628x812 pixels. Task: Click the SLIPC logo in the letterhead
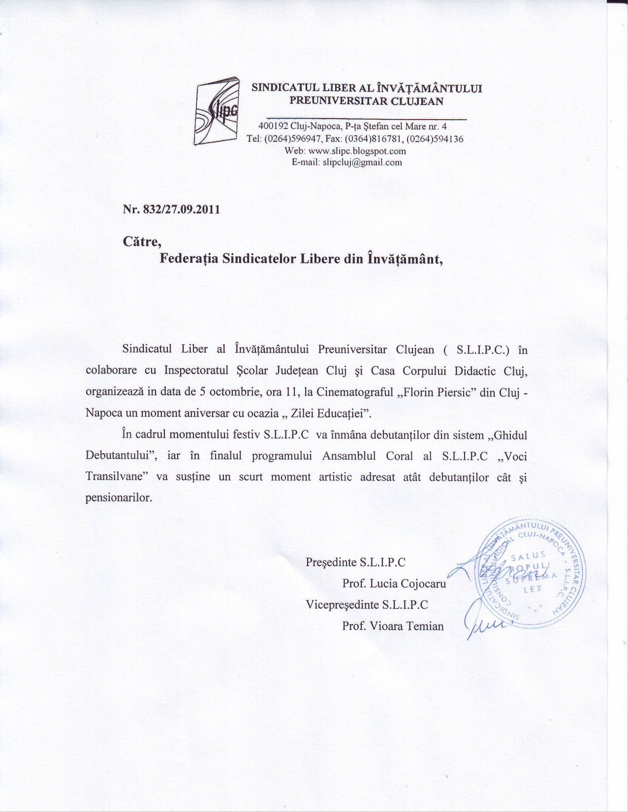(x=217, y=111)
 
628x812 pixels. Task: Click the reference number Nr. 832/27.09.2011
(x=171, y=210)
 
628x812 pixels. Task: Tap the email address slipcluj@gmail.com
(x=362, y=162)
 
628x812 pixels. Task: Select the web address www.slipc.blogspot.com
(x=360, y=151)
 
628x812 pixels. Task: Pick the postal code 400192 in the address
(x=273, y=126)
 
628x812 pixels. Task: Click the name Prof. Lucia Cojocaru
(x=394, y=584)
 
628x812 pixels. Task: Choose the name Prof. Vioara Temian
(x=392, y=626)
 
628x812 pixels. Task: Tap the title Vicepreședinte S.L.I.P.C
(x=367, y=605)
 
